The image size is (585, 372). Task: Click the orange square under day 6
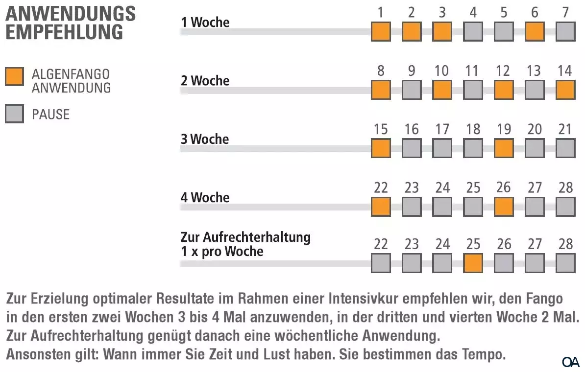(535, 32)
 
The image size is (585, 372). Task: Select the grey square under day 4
(473, 32)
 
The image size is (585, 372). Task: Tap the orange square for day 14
(565, 90)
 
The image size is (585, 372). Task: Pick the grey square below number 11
(473, 90)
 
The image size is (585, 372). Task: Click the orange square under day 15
(381, 148)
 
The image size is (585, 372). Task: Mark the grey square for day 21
(565, 148)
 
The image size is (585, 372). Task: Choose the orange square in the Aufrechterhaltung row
(473, 263)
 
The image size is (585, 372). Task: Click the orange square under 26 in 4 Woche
(504, 207)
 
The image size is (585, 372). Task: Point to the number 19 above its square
(504, 129)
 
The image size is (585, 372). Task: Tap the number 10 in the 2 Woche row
(442, 71)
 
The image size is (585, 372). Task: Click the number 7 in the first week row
(565, 12)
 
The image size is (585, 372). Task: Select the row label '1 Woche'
(205, 22)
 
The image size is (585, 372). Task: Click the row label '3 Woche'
(205, 139)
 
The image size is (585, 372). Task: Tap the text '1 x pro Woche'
(222, 252)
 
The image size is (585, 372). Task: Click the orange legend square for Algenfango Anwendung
(14, 77)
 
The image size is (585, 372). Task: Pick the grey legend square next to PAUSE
(14, 114)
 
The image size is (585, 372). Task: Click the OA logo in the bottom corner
(571, 362)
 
